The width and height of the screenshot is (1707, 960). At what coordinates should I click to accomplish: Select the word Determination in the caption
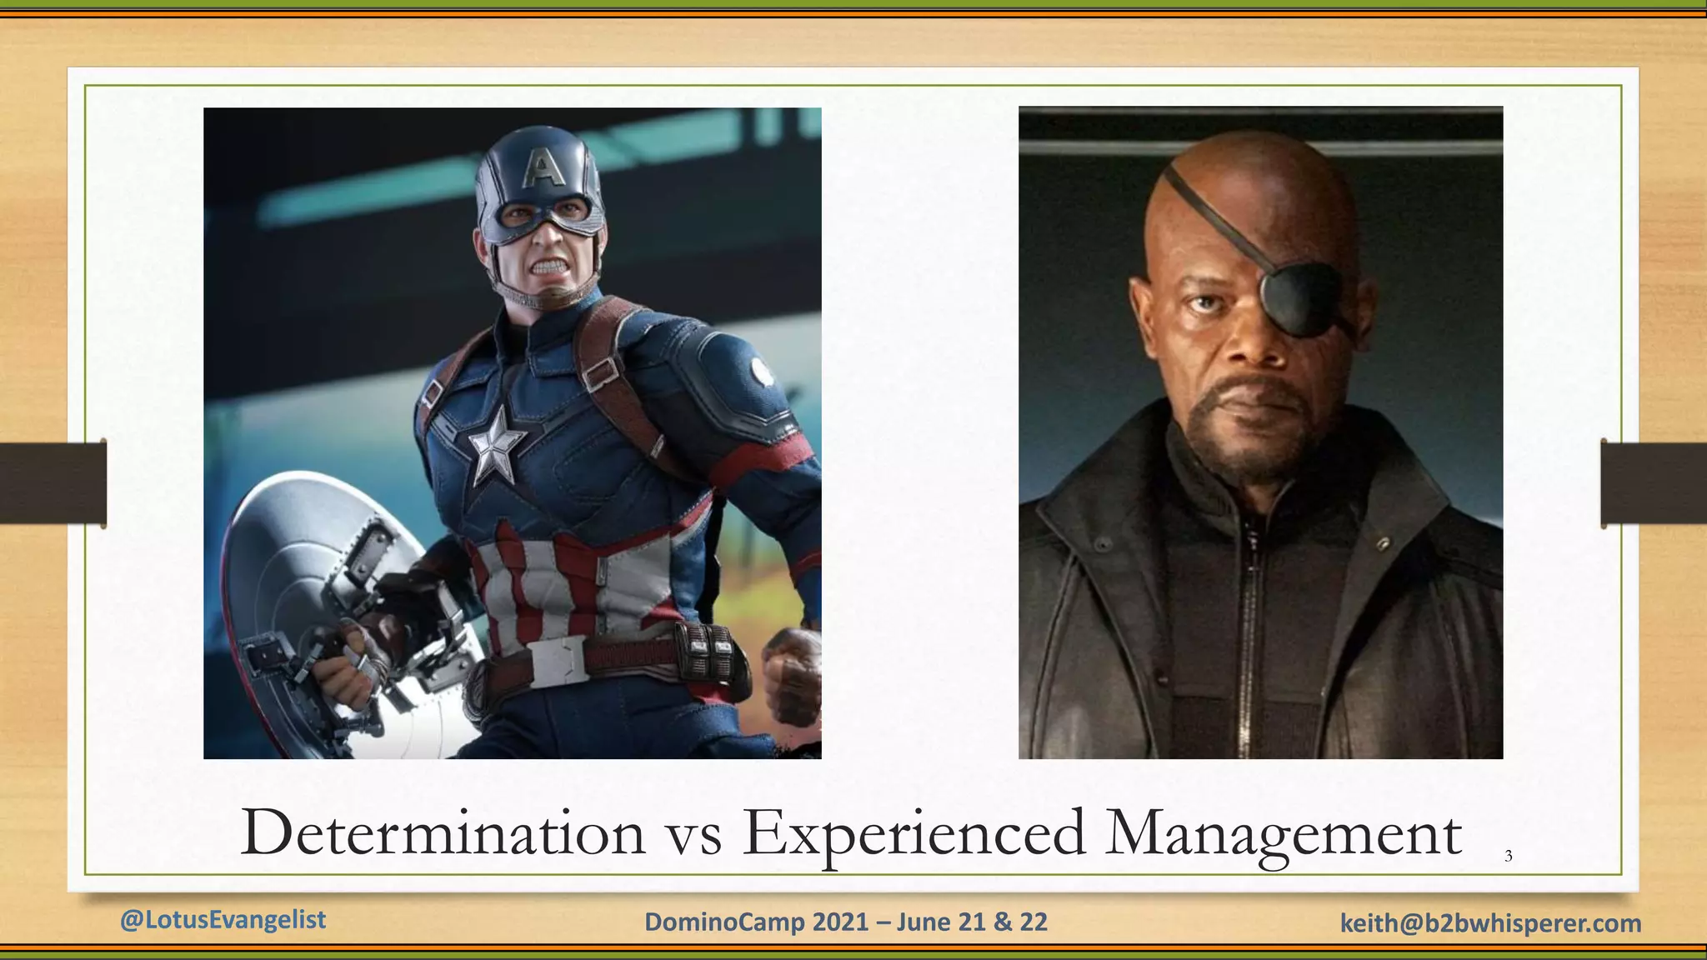point(443,833)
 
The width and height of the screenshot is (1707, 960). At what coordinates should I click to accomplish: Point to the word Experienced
point(914,833)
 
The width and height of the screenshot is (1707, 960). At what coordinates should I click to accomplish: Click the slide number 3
point(1508,856)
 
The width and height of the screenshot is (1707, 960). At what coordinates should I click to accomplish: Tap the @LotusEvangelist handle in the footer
point(223,919)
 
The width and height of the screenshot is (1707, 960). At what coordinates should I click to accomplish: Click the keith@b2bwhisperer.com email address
point(1490,922)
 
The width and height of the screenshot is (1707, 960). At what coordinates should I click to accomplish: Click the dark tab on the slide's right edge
point(1654,483)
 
